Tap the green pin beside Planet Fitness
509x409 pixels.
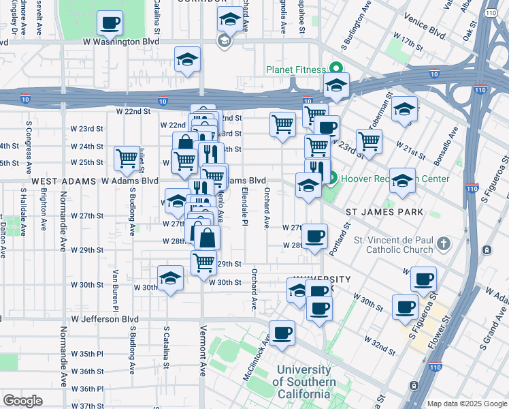pyautogui.click(x=335, y=69)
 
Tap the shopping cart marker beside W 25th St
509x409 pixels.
pyautogui.click(x=127, y=159)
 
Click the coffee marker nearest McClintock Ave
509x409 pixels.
pyautogui.click(x=282, y=333)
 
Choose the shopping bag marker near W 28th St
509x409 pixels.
pyautogui.click(x=208, y=238)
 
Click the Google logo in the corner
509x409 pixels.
pyautogui.click(x=23, y=401)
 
